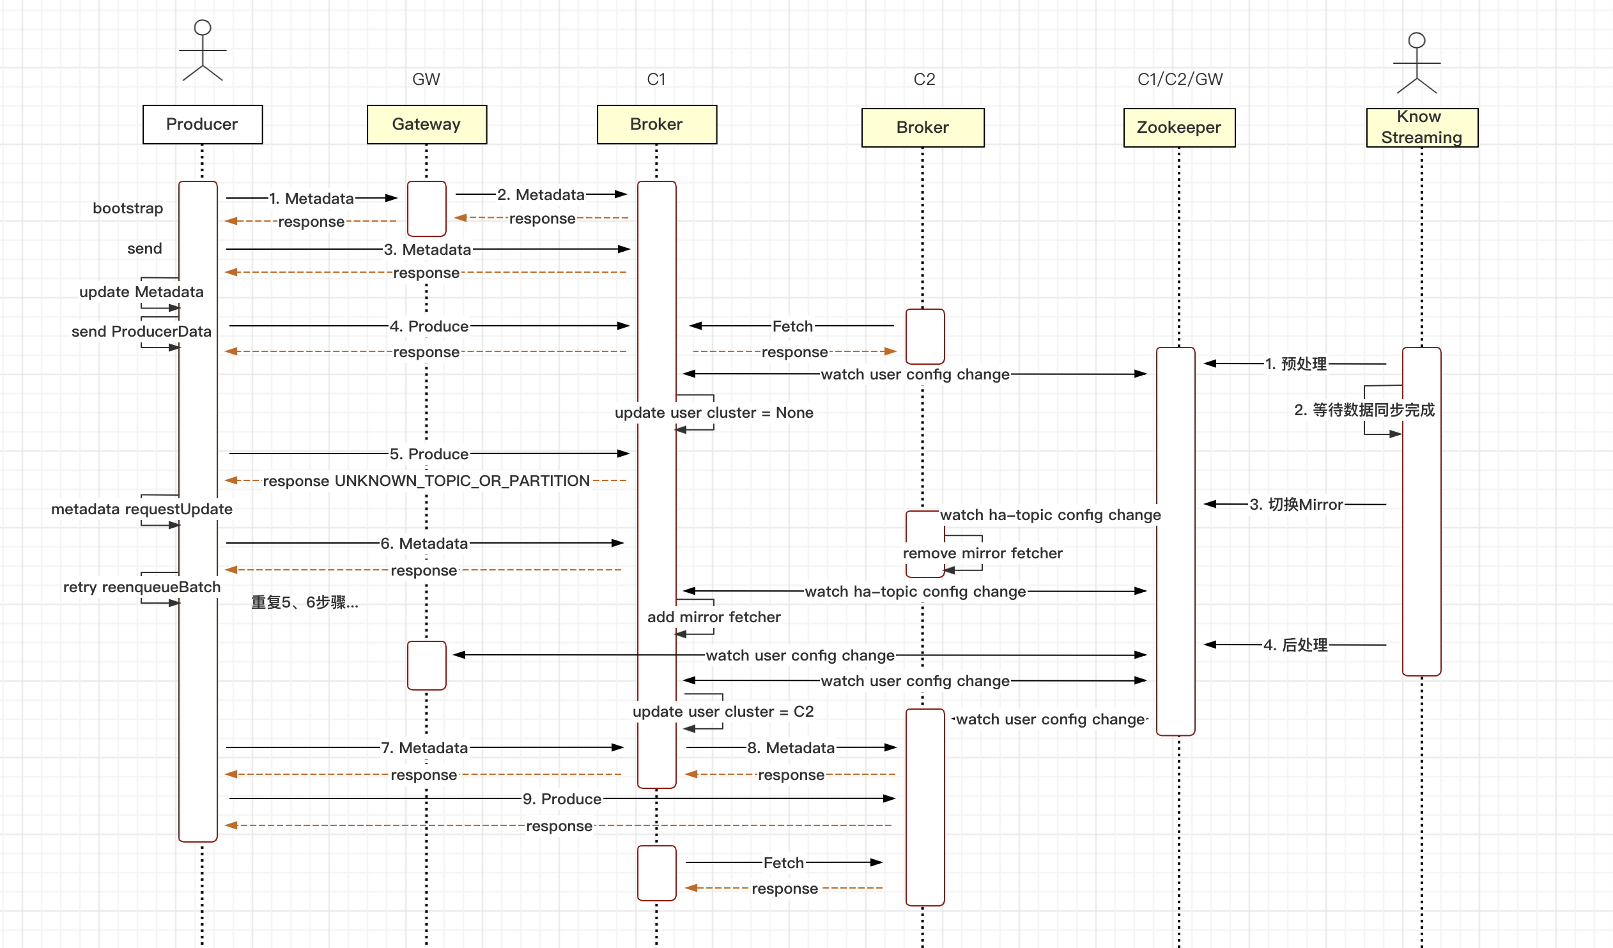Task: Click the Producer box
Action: pos(203,124)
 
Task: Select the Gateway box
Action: pos(426,124)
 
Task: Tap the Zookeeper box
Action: pos(1179,127)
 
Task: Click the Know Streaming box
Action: pos(1422,127)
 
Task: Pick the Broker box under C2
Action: pos(922,127)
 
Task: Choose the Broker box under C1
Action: pos(657,124)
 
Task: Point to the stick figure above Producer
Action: pos(203,50)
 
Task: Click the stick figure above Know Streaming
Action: pos(1417,63)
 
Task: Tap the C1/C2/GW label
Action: pos(1180,79)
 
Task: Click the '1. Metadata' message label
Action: pos(311,198)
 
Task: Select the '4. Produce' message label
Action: pos(429,326)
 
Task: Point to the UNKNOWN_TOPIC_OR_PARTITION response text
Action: pos(426,481)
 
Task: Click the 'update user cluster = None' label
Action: pos(714,413)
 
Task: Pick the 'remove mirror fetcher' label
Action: pos(982,553)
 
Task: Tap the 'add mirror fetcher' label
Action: pos(714,617)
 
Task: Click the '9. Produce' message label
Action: pos(561,799)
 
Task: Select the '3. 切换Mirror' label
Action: pos(1295,505)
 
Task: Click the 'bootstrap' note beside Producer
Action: pos(128,208)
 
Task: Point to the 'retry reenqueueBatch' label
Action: pos(141,587)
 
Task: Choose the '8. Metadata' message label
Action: pos(791,748)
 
